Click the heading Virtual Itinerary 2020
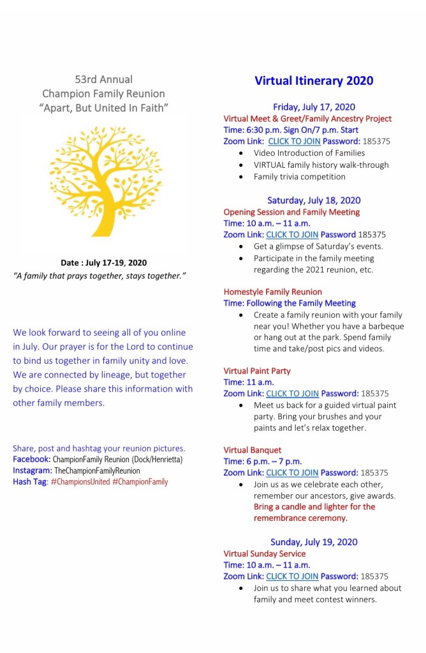(314, 81)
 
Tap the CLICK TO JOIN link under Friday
(294, 141)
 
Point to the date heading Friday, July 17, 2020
(314, 107)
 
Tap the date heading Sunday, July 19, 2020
(314, 542)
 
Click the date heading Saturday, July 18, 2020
(314, 200)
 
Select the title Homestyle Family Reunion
(272, 292)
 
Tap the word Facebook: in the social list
(31, 460)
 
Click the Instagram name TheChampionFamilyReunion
(97, 470)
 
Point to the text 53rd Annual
(103, 80)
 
